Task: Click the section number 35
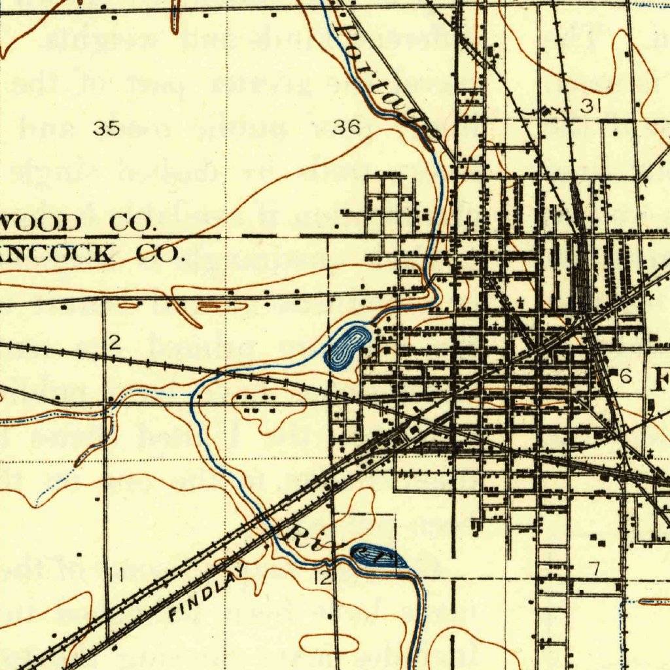click(x=106, y=129)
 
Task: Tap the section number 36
click(x=346, y=128)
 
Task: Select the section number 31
click(x=591, y=107)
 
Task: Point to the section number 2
click(x=115, y=341)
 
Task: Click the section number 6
click(x=626, y=376)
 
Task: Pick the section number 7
click(x=594, y=569)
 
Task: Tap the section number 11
click(x=117, y=576)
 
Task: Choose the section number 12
click(x=322, y=577)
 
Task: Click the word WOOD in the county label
click(x=41, y=223)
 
